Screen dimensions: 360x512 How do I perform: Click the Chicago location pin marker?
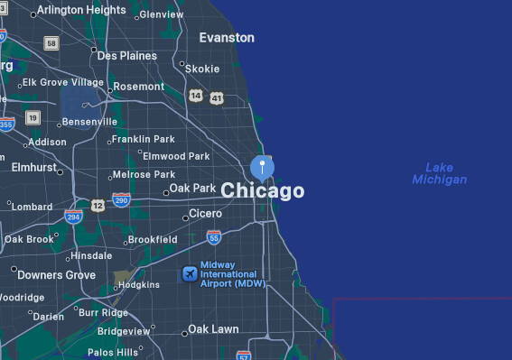[x=262, y=167]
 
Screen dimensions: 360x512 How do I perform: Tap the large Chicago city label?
[x=263, y=191]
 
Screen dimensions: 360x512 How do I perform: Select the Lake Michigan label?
[x=440, y=173]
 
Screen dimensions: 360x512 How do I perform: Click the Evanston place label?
[x=227, y=38]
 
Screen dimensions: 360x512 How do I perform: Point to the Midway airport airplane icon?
[x=190, y=273]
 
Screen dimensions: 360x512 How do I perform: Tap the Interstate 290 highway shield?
[x=121, y=199]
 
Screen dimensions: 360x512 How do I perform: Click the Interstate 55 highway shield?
[x=214, y=237]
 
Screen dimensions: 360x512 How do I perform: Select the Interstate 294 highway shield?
[x=73, y=217]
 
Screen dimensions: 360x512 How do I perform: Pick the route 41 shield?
[x=216, y=97]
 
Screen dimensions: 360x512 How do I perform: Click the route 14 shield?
[x=196, y=95]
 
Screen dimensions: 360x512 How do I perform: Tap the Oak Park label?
[x=193, y=189]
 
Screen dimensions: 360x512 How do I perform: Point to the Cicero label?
[x=205, y=215]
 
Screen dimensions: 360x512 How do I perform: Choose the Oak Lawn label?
[x=213, y=329]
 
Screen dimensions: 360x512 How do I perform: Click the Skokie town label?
[x=202, y=69]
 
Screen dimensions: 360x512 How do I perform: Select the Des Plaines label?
[x=126, y=56]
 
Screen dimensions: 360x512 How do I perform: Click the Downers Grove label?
[x=56, y=275]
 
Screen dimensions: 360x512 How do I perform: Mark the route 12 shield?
[x=98, y=207]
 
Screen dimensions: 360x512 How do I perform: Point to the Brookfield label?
[x=153, y=240]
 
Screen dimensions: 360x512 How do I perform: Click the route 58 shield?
[x=51, y=42]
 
